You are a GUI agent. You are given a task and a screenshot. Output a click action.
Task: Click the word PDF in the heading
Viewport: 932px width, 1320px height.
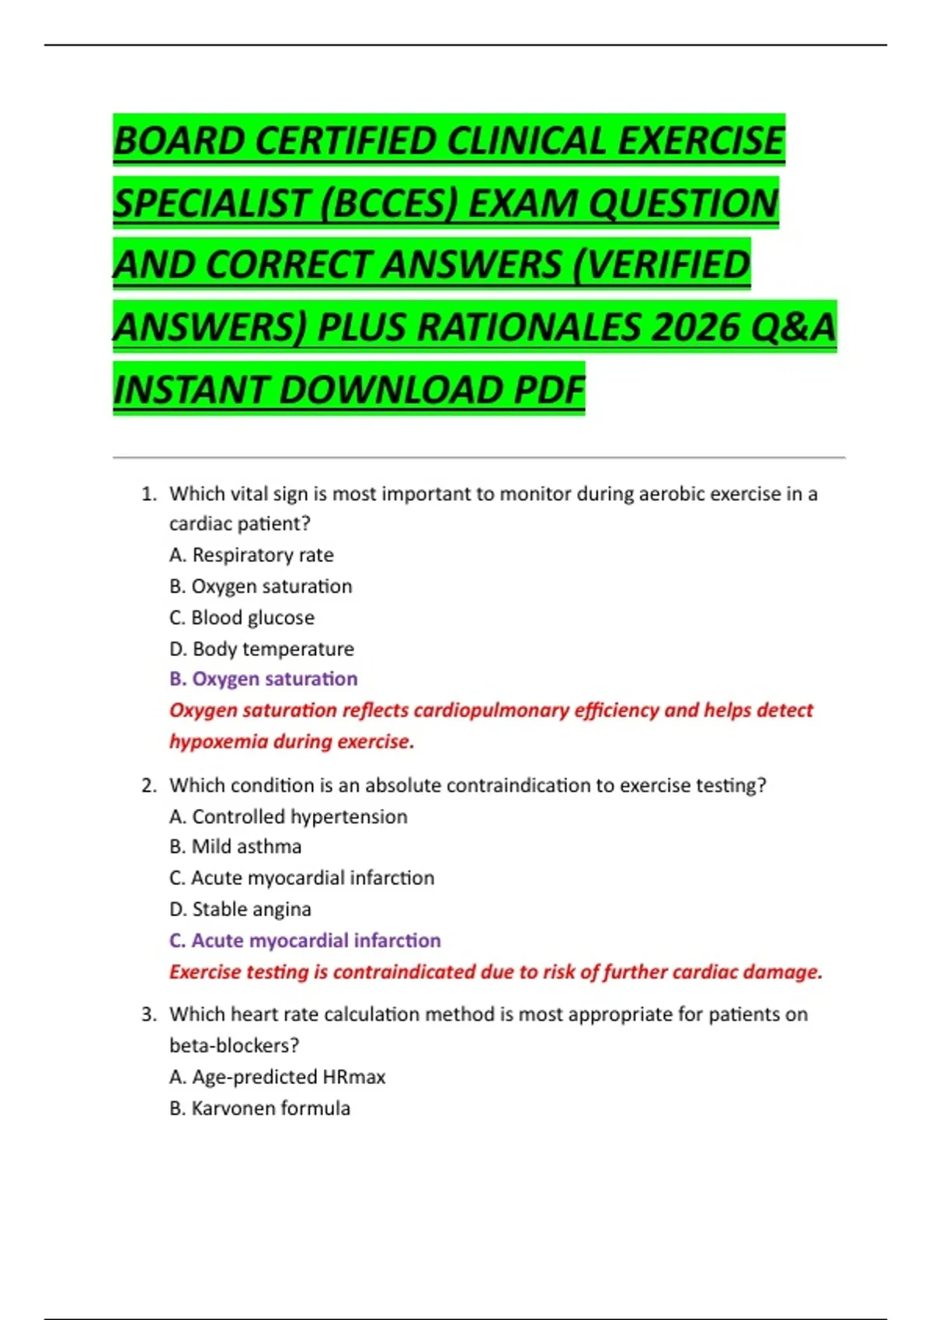[x=550, y=390]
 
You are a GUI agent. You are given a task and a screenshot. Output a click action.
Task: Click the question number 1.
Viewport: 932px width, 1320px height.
[x=148, y=494]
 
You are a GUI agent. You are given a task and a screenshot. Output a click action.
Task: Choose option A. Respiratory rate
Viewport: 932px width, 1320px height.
[x=252, y=555]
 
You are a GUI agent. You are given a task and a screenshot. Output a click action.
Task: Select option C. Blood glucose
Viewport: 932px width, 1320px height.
[x=242, y=617]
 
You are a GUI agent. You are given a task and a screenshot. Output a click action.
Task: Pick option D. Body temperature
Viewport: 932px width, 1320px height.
[x=262, y=648]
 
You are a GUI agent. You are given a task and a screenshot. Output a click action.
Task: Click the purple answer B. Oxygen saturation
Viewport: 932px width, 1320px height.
[x=263, y=679]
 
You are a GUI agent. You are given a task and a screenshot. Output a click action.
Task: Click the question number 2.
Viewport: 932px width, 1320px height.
[x=148, y=785]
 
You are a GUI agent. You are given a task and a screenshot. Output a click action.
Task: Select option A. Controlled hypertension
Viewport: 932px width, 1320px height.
[x=288, y=816]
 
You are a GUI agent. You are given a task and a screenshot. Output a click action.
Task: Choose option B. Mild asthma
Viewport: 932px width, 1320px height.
[x=235, y=846]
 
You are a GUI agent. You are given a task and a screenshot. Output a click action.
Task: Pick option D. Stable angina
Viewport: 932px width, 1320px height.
[x=240, y=908]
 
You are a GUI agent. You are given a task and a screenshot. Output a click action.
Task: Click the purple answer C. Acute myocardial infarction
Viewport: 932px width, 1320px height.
[x=305, y=940]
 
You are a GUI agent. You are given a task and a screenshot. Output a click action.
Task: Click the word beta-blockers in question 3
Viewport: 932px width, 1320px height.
[x=233, y=1045]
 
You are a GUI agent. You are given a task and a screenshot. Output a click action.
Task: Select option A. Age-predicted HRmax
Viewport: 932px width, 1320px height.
[x=277, y=1077]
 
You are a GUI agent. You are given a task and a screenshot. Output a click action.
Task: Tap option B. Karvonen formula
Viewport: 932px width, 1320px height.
[x=259, y=1108]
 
